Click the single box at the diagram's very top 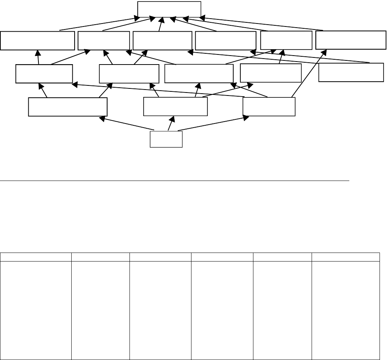coord(169,9)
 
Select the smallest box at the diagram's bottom coord(166,139)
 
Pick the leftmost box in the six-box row coord(37,41)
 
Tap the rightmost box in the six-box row coord(351,40)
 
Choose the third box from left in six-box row coord(162,41)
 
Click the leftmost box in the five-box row coord(44,74)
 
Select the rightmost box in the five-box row coord(351,72)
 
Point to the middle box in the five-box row coord(199,73)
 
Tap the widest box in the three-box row coord(68,107)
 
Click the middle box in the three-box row coord(175,107)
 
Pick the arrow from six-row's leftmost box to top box coord(101,23)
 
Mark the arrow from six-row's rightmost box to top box coord(261,24)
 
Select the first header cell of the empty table coord(36,256)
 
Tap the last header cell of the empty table coord(346,256)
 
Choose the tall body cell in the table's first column coord(36,309)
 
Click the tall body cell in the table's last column coord(346,309)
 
